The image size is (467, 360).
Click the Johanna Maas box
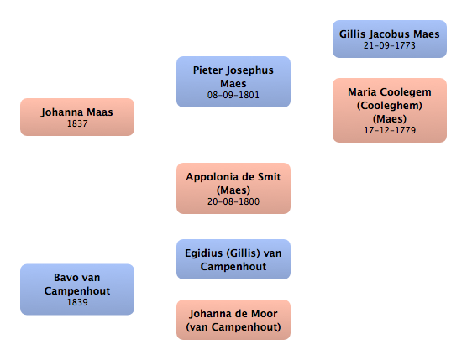pyautogui.click(x=77, y=117)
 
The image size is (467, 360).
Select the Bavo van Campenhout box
pyautogui.click(x=77, y=290)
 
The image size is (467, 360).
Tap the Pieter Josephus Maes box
pyautogui.click(x=233, y=82)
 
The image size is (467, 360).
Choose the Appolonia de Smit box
pyautogui.click(x=233, y=188)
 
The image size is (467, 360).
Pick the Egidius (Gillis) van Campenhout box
pyautogui.click(x=233, y=259)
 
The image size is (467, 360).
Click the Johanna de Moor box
pyautogui.click(x=233, y=320)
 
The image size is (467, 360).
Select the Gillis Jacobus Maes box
pyautogui.click(x=390, y=39)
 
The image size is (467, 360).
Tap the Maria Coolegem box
pyautogui.click(x=390, y=111)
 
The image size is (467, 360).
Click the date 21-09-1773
pyautogui.click(x=389, y=45)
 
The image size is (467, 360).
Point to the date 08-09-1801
pyautogui.click(x=233, y=95)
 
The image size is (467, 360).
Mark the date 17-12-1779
pyautogui.click(x=390, y=130)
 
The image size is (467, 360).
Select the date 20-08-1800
pyautogui.click(x=233, y=201)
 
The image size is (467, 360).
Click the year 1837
pyautogui.click(x=77, y=123)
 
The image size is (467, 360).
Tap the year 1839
pyautogui.click(x=77, y=302)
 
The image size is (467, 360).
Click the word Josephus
pyautogui.click(x=249, y=70)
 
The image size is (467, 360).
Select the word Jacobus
pyautogui.click(x=390, y=34)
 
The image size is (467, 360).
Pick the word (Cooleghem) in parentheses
pyautogui.click(x=390, y=106)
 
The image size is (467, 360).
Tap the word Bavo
pyautogui.click(x=65, y=278)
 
